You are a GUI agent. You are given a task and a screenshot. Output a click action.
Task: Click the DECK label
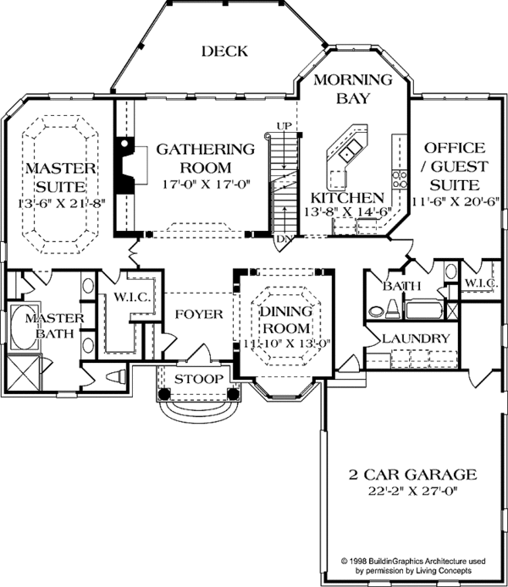224,51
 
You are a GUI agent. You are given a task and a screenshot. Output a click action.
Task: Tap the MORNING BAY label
353,89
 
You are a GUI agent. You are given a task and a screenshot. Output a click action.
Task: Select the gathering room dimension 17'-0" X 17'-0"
206,184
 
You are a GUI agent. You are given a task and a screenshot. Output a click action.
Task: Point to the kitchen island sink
351,151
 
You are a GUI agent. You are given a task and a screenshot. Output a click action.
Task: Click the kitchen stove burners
400,179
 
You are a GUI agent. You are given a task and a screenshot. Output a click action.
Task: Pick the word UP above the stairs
284,126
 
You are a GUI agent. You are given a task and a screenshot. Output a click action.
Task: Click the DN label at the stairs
284,239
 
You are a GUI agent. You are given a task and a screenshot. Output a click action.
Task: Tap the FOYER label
199,314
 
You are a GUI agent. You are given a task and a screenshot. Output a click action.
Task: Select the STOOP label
199,379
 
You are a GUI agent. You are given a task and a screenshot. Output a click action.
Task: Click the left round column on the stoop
164,393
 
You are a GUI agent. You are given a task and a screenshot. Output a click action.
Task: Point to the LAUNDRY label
416,339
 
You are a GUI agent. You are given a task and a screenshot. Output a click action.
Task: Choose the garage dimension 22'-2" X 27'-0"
413,491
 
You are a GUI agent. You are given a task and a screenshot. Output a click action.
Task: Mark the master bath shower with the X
23,373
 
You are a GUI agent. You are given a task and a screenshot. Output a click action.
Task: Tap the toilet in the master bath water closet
116,376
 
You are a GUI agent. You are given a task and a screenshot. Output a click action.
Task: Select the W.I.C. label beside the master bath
132,298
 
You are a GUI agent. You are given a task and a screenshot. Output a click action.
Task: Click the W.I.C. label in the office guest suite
482,283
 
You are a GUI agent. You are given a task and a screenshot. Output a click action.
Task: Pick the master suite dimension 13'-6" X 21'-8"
62,203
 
